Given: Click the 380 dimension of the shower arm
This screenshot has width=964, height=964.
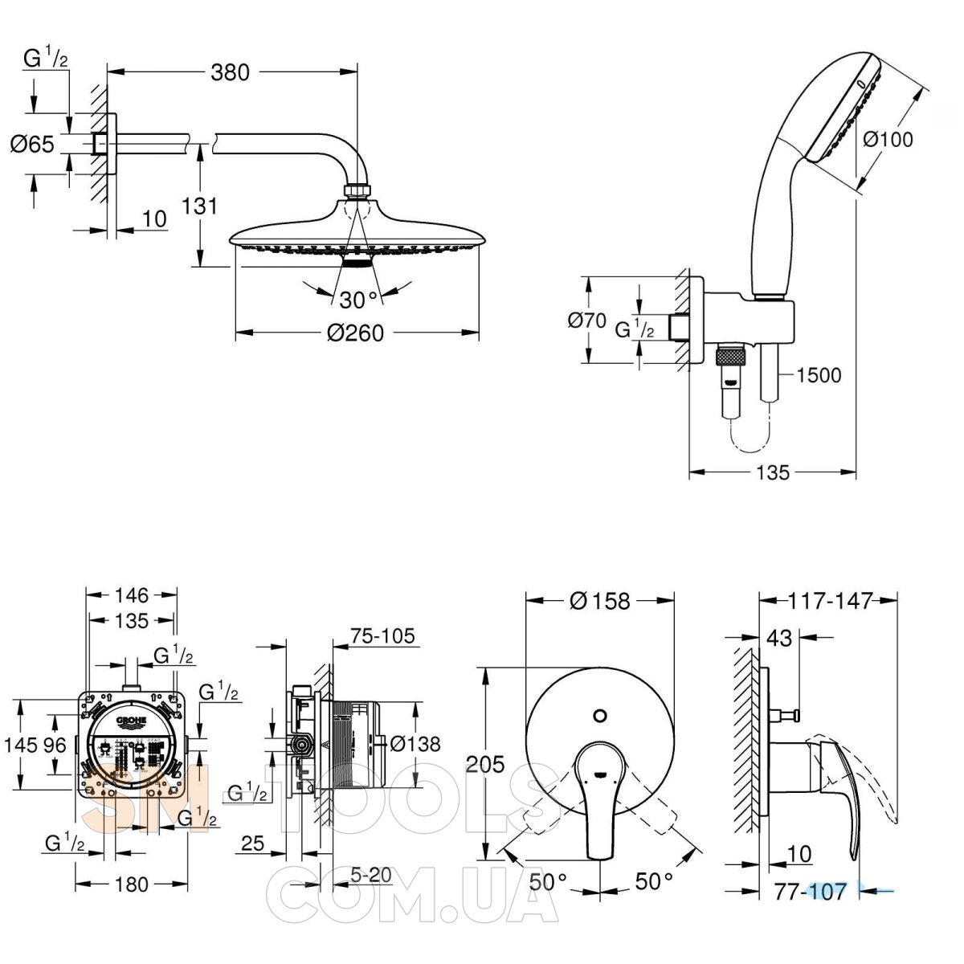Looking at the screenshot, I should [231, 71].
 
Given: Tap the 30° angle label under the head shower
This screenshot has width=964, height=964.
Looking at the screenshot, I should [358, 300].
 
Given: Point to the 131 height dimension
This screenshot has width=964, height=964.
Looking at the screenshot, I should [200, 206].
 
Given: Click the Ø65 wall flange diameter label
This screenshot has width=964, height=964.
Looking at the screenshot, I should [32, 145].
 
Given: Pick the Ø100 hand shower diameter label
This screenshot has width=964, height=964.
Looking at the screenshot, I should [888, 139].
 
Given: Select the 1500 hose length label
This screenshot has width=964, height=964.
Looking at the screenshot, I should [819, 375].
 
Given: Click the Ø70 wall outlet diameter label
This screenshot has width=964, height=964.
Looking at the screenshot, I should [586, 321].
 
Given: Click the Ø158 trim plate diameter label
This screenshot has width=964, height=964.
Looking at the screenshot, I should [599, 600].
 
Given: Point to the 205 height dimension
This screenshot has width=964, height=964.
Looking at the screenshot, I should [486, 764].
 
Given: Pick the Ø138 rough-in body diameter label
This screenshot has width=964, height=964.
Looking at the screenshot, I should [415, 744].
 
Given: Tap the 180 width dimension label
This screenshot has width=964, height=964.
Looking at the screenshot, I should [132, 884].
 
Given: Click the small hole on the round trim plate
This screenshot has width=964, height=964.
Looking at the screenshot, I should [599, 716].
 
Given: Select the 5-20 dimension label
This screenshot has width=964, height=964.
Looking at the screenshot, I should [371, 874].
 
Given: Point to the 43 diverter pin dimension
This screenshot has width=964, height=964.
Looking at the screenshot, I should [780, 639].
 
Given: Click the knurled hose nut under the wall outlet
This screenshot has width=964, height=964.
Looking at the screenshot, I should [730, 354].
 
